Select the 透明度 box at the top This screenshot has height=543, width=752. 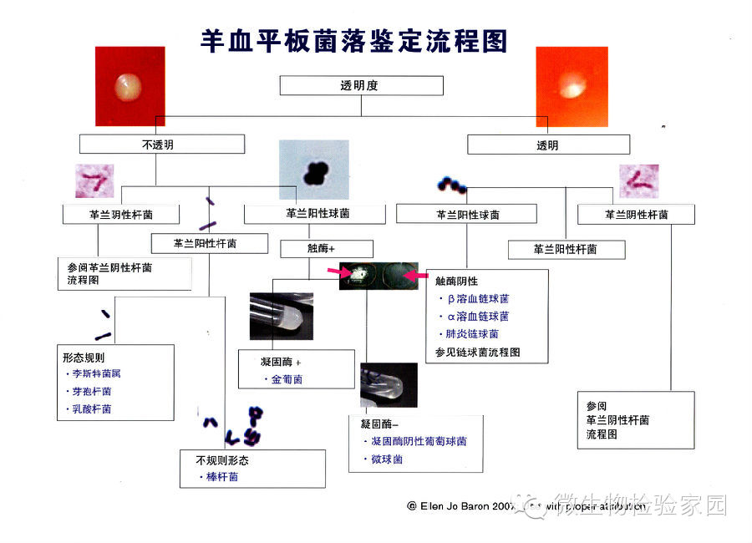360,86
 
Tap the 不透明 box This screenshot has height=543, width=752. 162,145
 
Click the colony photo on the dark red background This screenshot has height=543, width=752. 130,84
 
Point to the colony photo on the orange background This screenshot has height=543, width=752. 570,84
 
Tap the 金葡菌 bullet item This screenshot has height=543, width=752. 286,378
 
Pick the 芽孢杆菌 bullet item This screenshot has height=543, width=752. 91,391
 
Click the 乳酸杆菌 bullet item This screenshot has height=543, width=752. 91,409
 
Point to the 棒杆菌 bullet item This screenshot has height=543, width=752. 221,476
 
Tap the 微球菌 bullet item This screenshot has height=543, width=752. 386,459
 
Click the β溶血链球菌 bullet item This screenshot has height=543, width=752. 478,298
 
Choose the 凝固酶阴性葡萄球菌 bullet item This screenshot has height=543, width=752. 418,441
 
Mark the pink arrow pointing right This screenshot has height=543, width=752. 340,272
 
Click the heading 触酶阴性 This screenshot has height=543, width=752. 457,282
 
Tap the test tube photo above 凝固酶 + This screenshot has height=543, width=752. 282,316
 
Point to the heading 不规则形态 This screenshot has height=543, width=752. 222,459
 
